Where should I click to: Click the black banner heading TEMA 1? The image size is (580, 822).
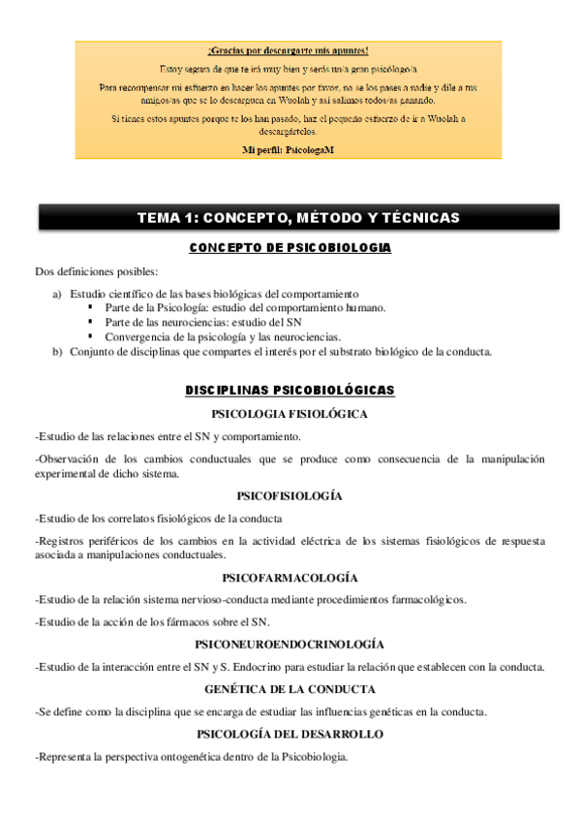point(297,218)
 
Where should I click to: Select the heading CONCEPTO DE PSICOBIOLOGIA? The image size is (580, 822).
point(290,248)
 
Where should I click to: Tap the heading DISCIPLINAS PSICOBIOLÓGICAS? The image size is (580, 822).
point(290,390)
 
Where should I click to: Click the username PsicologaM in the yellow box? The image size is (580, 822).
point(310,151)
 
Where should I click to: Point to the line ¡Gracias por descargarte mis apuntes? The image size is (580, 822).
point(288,49)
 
